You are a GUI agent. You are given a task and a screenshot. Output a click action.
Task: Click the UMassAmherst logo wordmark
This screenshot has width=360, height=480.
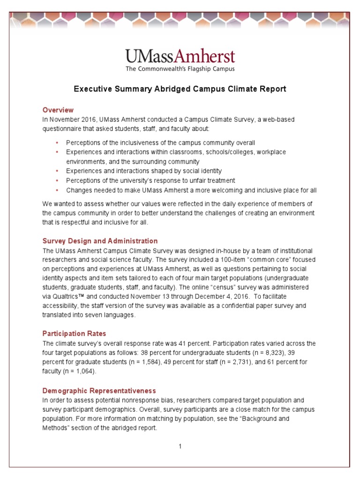point(180,57)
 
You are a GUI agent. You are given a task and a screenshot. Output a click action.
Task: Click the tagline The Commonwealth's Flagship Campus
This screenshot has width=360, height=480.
point(180,69)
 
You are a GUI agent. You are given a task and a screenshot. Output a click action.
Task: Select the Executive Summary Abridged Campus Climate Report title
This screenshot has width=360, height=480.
point(180,89)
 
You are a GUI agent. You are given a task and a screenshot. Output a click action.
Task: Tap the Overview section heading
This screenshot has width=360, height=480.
point(58,110)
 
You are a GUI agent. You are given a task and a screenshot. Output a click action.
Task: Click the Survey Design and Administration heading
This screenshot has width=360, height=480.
point(100,241)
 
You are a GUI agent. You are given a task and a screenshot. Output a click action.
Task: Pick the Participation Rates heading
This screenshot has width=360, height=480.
point(74,334)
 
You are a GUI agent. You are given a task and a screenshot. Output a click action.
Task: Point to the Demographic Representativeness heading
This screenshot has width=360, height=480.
point(99,390)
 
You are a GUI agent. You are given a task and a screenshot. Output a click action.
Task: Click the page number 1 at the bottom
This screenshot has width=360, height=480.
point(180,446)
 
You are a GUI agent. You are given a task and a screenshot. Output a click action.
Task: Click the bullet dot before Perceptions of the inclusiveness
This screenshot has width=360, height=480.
point(57,142)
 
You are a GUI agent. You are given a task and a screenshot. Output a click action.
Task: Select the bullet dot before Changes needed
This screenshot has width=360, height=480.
point(57,190)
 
